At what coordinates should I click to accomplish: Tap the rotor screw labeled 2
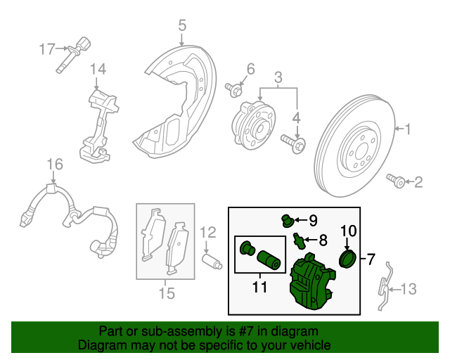[397, 183]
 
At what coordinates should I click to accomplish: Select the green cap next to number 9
[287, 220]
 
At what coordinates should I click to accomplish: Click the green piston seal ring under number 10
[348, 259]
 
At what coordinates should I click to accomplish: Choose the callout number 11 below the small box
[259, 287]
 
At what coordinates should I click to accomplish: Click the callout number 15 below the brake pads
[166, 292]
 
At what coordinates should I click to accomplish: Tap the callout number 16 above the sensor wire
[55, 165]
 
